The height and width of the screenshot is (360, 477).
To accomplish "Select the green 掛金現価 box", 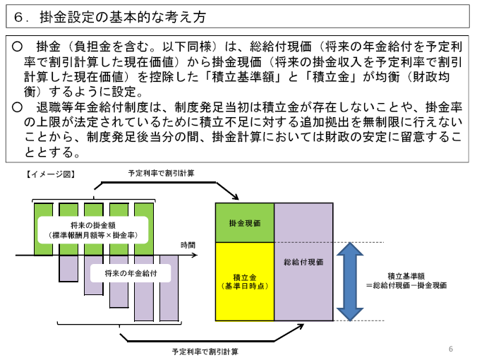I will (245, 222).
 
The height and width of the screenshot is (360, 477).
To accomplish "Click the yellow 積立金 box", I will (245, 280).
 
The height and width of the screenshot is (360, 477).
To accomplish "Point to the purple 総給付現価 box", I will (303, 261).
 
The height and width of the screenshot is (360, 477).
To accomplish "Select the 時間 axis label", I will (188, 244).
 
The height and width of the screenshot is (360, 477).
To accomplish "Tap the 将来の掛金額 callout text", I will (93, 224).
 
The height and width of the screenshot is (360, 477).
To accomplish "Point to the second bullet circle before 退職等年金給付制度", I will (18, 107).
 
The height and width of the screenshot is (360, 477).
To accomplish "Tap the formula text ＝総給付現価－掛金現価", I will (406, 285).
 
